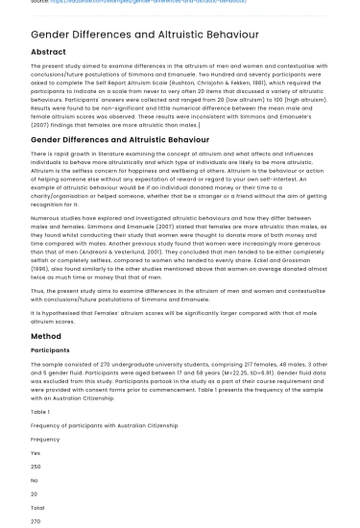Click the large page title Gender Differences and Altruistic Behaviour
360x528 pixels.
pos(145,35)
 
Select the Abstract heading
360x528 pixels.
pos(49,52)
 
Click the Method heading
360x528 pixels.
pos(46,336)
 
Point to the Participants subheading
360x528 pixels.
pos(50,350)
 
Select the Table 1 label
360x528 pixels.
pos(41,411)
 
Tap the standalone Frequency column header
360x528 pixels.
pos(45,439)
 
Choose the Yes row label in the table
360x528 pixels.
pos(36,452)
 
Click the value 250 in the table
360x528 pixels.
pos(36,467)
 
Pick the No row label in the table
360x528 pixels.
pos(35,480)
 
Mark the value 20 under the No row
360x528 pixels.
pos(35,493)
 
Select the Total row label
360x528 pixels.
pos(37,507)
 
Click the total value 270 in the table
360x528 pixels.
pos(36,521)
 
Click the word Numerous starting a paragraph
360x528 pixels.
pos(46,217)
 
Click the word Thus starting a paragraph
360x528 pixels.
pos(37,290)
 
